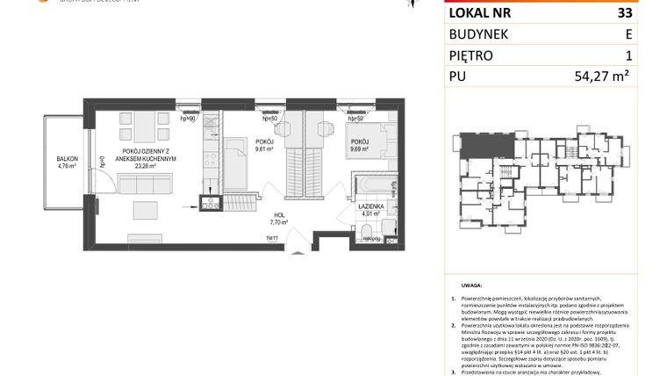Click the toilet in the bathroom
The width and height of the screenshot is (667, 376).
[x=363, y=230]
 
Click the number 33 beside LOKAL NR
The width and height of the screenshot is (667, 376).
[x=624, y=13]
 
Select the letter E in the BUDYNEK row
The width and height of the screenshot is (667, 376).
[x=628, y=34]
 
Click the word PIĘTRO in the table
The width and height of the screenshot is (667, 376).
[x=471, y=55]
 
